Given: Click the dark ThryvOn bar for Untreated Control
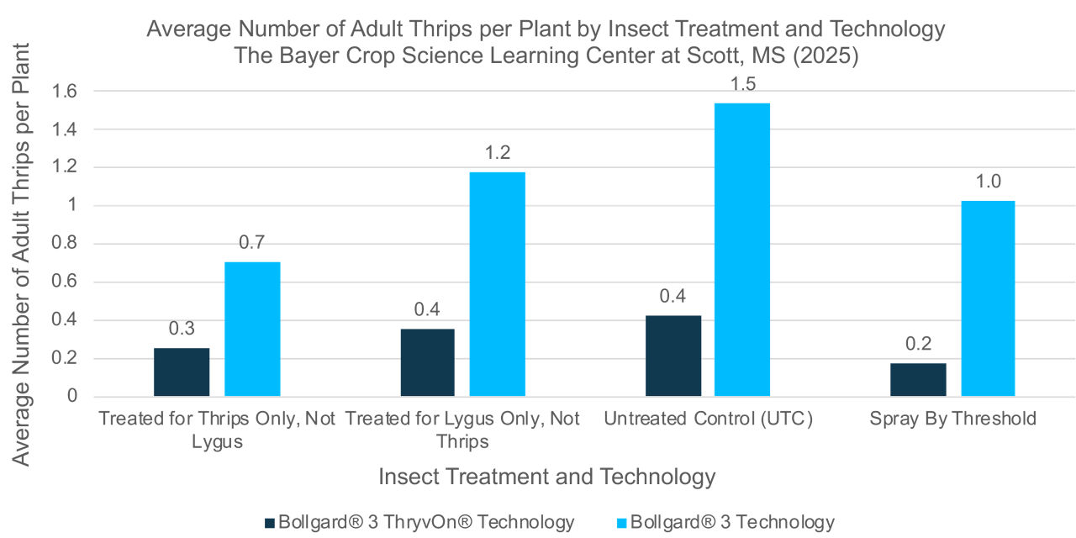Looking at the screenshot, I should [x=673, y=356].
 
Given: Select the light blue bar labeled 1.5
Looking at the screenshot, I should [x=742, y=250].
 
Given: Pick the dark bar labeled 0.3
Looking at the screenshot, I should [x=182, y=372].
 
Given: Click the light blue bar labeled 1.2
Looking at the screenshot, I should [x=497, y=284].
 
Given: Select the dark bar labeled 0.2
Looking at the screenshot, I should [x=918, y=379].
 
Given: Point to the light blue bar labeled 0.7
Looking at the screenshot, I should [x=252, y=329].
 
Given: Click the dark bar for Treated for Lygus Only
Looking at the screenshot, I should [x=427, y=362].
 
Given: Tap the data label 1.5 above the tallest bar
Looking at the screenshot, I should [x=742, y=85].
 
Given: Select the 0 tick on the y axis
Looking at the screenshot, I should [x=73, y=396].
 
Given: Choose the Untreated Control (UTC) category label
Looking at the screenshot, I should [x=708, y=419].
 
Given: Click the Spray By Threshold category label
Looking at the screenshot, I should [x=952, y=419].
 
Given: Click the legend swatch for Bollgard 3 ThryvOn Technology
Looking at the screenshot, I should [x=270, y=522].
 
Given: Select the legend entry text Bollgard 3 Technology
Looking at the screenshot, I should [x=732, y=522].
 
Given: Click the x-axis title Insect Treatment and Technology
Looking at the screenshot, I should [x=546, y=477].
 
